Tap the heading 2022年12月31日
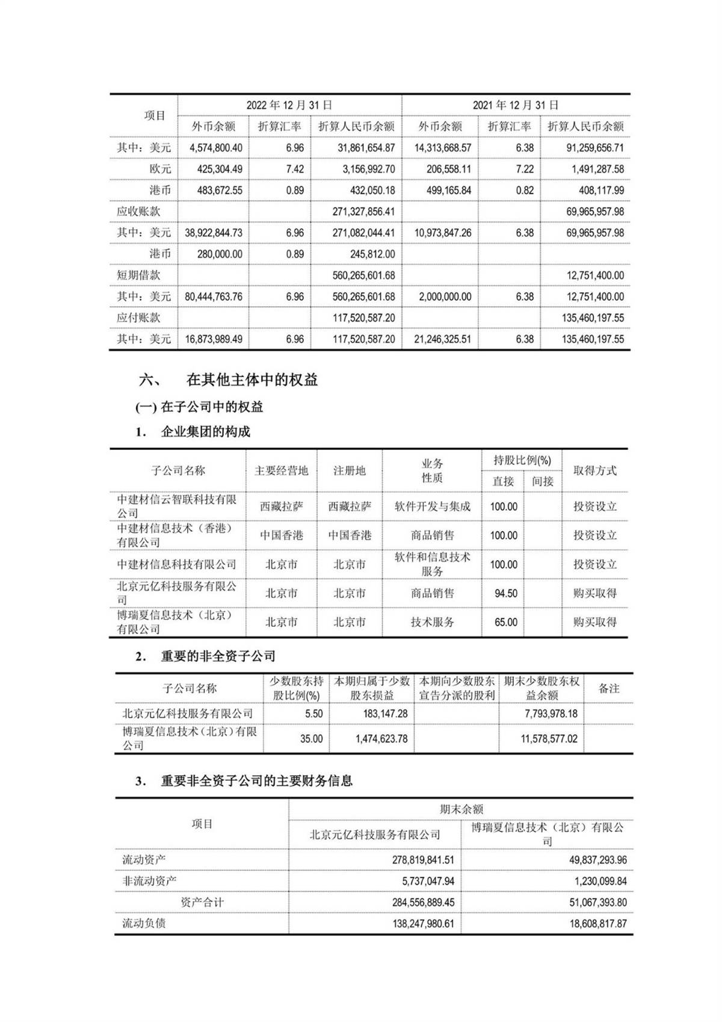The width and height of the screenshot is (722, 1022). (x=289, y=105)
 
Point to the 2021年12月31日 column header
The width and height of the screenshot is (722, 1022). (x=516, y=105)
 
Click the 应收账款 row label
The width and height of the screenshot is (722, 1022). (x=138, y=212)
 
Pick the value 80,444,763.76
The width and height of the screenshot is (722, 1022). (x=214, y=297)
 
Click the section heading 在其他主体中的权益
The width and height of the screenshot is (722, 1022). (x=252, y=380)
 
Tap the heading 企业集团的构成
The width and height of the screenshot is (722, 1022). (x=205, y=432)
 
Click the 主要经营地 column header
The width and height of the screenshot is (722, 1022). (x=281, y=471)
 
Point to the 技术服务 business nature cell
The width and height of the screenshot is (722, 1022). (x=432, y=623)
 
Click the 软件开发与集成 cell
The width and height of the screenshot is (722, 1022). (x=432, y=506)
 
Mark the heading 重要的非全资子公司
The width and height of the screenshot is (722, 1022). (x=218, y=656)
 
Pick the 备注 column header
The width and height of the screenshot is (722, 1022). (x=608, y=689)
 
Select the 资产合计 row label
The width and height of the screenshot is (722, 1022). (x=202, y=902)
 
